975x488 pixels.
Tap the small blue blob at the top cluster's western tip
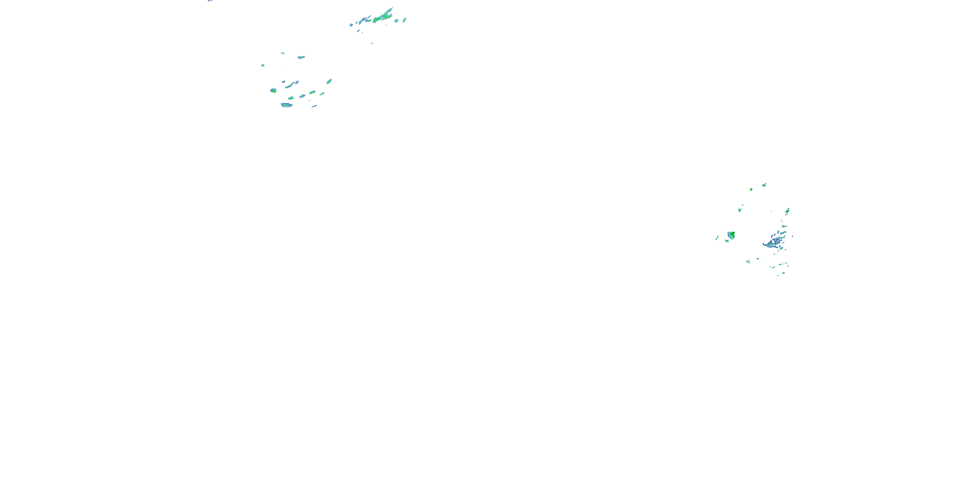click(351, 25)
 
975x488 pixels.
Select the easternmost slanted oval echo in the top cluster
click(404, 20)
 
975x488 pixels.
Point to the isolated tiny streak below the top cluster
click(372, 44)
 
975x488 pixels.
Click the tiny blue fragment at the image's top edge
click(210, 1)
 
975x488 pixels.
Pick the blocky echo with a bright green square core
click(273, 90)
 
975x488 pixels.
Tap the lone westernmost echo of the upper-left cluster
click(263, 65)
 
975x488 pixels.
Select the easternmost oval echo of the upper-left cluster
click(329, 81)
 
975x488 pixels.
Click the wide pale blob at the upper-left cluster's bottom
click(286, 105)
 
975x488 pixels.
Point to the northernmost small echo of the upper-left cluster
click(282, 53)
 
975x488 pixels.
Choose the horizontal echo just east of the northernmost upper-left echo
click(301, 57)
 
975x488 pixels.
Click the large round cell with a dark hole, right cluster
click(731, 235)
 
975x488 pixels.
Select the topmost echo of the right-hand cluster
click(764, 185)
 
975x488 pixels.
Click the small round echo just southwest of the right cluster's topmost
click(751, 189)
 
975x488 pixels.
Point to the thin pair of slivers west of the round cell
click(717, 238)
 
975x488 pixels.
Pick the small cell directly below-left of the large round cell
click(727, 241)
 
